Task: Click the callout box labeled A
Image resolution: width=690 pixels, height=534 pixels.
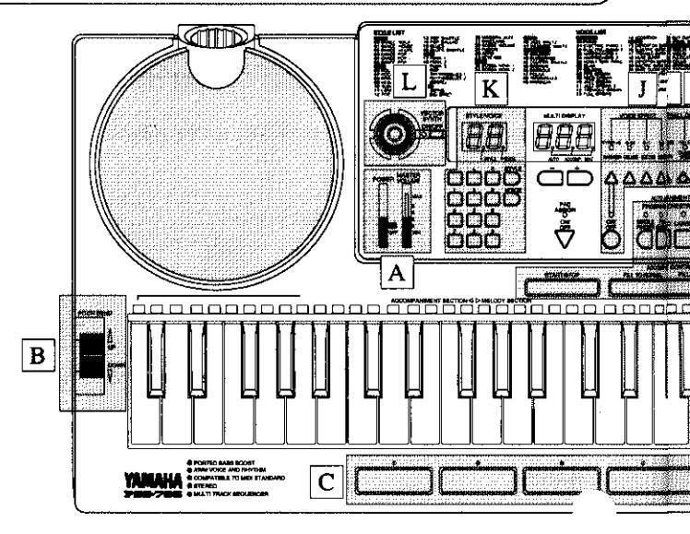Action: pyautogui.click(x=396, y=272)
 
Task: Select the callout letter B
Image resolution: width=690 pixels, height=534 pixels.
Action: pyautogui.click(x=40, y=352)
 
